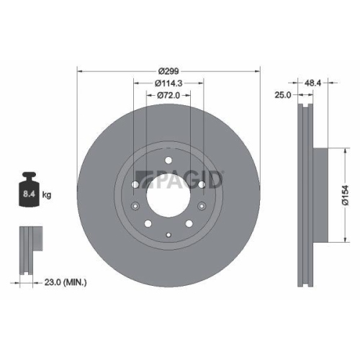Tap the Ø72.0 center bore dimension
coord(168,95)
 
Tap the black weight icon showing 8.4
coord(30,192)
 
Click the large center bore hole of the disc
coord(168,195)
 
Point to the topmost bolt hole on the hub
coord(168,161)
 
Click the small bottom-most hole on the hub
coord(168,234)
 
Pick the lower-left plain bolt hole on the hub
coord(146,222)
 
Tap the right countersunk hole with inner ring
coord(202,185)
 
